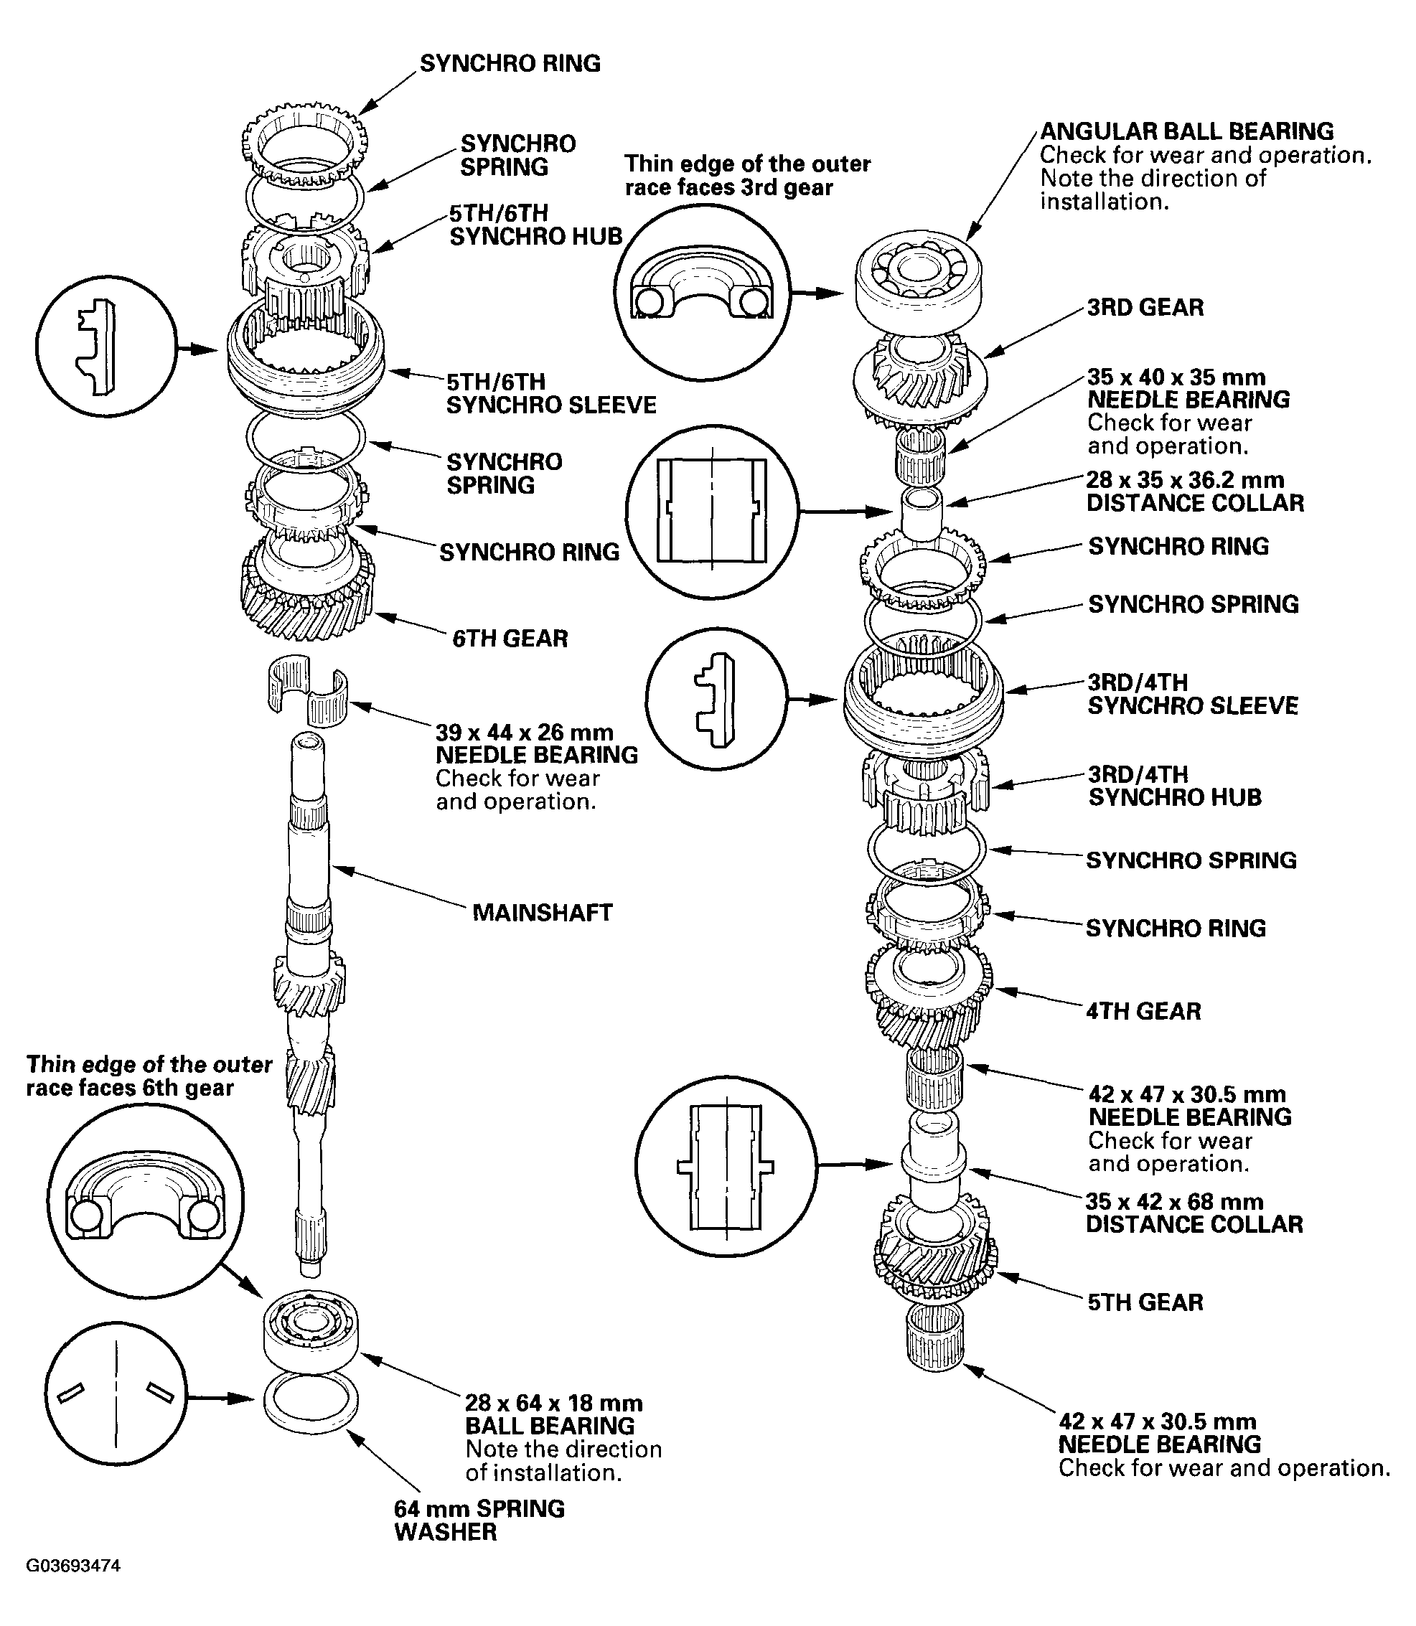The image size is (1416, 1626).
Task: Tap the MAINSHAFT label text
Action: pos(542,913)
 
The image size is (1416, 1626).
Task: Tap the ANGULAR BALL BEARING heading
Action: pos(1186,131)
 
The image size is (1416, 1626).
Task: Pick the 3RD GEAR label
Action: pos(1145,307)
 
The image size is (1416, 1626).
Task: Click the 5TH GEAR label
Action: pos(1145,1302)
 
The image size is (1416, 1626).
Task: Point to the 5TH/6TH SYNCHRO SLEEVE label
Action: pos(550,393)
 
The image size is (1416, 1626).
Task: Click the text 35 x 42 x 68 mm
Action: pos(1174,1202)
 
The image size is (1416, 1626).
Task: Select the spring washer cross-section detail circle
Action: pos(116,1395)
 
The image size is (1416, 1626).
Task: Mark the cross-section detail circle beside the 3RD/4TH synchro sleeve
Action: pos(717,699)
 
